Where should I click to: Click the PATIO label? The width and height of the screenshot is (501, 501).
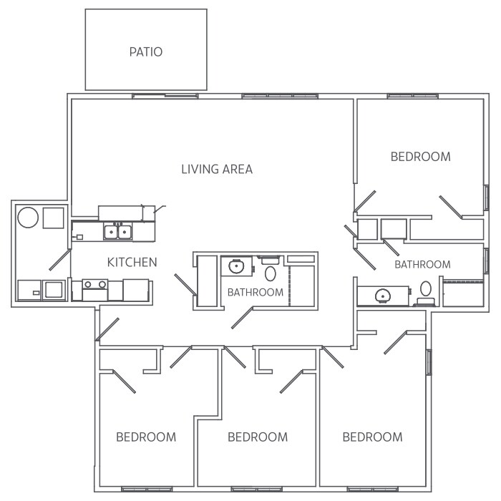tap(146, 52)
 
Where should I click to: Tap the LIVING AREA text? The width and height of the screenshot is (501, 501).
tap(217, 170)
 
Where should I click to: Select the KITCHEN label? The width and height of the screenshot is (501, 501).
tap(132, 263)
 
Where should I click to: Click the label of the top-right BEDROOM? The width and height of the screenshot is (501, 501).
tap(420, 157)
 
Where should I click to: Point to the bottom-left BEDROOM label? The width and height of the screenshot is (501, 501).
tap(146, 437)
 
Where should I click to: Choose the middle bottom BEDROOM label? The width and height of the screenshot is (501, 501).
tap(258, 437)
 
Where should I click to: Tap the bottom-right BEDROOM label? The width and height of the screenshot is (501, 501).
tap(372, 437)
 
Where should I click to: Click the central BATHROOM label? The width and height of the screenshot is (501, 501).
tap(256, 293)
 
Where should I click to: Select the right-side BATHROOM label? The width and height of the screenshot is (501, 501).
tap(423, 265)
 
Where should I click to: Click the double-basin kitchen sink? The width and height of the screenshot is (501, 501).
tap(118, 232)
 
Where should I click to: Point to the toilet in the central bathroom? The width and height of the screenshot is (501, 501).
tap(271, 272)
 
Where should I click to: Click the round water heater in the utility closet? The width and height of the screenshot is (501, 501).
tap(28, 217)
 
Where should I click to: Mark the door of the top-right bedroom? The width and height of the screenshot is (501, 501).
tap(452, 206)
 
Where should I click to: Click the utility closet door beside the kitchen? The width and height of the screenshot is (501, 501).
tap(59, 260)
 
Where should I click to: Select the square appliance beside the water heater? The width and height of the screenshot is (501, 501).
tap(54, 217)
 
